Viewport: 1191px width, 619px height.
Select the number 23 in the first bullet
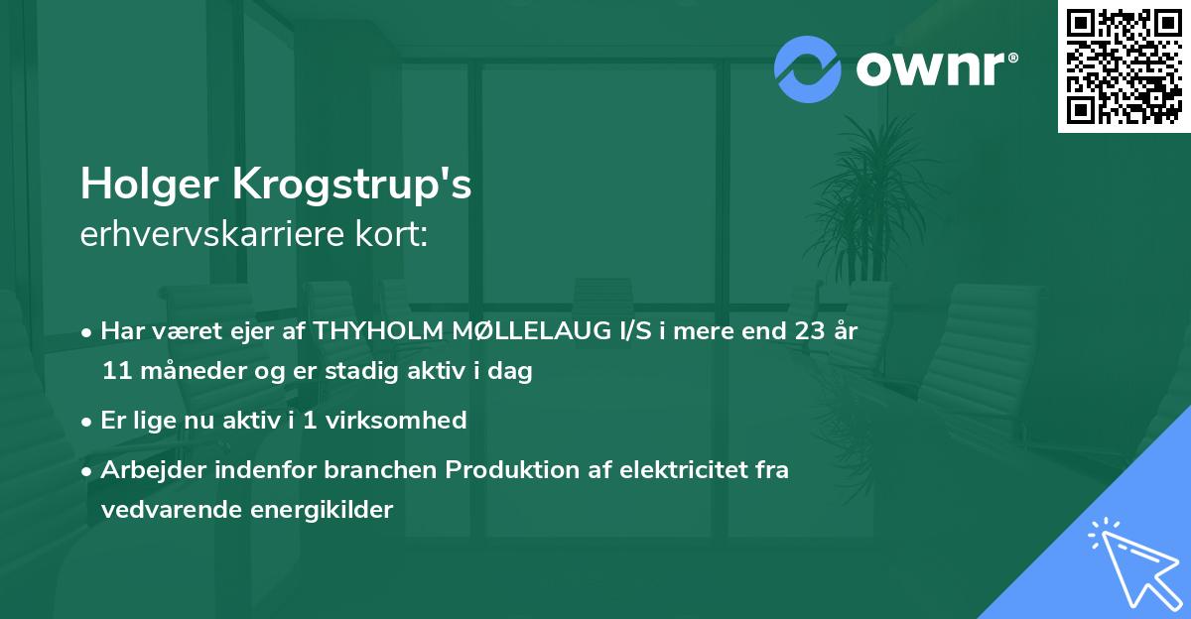click(x=800, y=332)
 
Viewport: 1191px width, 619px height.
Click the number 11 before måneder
click(x=115, y=372)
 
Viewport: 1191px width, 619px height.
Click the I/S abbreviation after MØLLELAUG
click(x=635, y=332)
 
